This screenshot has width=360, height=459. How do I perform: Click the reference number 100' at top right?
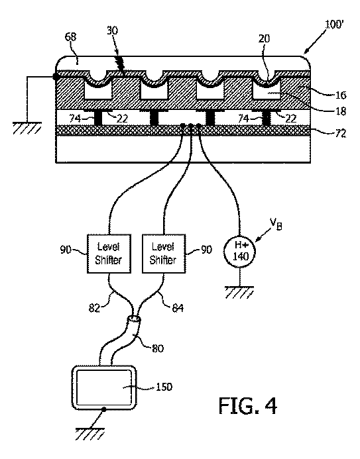point(334,25)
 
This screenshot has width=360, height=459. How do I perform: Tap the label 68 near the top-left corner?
point(70,37)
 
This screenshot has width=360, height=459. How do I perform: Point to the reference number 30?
point(112,30)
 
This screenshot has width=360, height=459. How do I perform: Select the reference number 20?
point(265,38)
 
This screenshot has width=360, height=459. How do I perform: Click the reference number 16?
point(341,95)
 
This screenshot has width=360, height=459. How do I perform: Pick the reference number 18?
point(341,111)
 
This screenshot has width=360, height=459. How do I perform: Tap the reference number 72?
point(340,134)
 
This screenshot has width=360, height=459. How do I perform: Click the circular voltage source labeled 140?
point(240,252)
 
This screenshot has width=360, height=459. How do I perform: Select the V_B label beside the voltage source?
point(276,224)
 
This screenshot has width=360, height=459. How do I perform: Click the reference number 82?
point(94,308)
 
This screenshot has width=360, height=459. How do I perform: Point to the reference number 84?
point(178,308)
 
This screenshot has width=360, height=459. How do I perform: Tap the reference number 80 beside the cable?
point(158,348)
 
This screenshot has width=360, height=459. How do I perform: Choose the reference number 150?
point(164,387)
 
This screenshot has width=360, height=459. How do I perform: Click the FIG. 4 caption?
point(248,405)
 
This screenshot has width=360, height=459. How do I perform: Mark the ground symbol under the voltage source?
point(239,292)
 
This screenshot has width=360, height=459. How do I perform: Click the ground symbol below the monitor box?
point(90,434)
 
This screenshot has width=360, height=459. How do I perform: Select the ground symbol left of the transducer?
point(27,128)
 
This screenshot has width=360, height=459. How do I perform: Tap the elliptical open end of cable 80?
point(135,318)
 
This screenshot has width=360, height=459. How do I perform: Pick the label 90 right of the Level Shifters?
point(206,250)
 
